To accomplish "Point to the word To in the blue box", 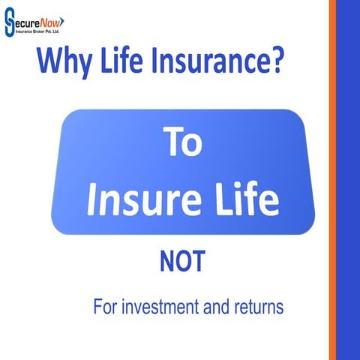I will tap(182, 143).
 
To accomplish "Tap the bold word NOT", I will tap(182, 263).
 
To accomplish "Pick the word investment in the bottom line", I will tap(169, 307).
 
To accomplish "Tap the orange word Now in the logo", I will tap(51, 22).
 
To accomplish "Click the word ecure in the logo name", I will tap(27, 22).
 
